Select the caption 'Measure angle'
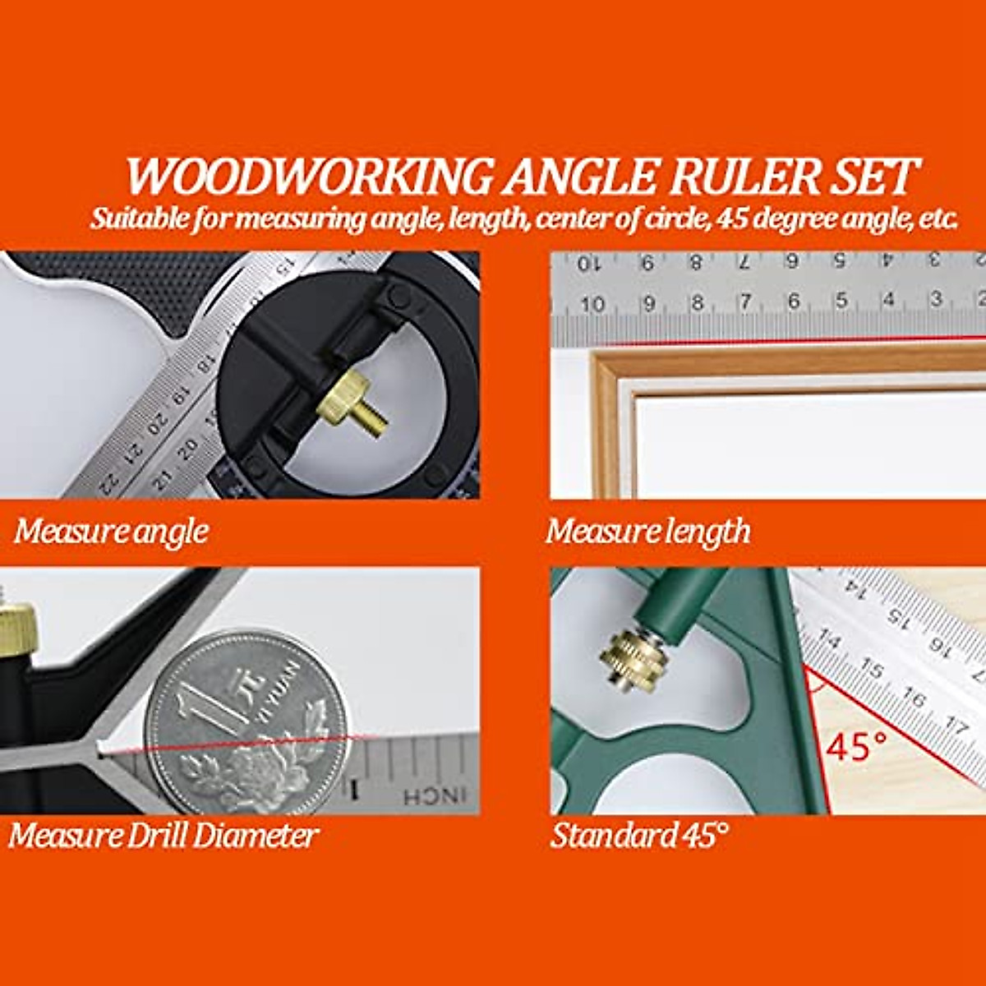tap(111, 532)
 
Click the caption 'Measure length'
tap(647, 532)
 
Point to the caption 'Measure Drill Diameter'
tap(163, 836)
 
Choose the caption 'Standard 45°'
tap(638, 836)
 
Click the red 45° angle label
tap(856, 746)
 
